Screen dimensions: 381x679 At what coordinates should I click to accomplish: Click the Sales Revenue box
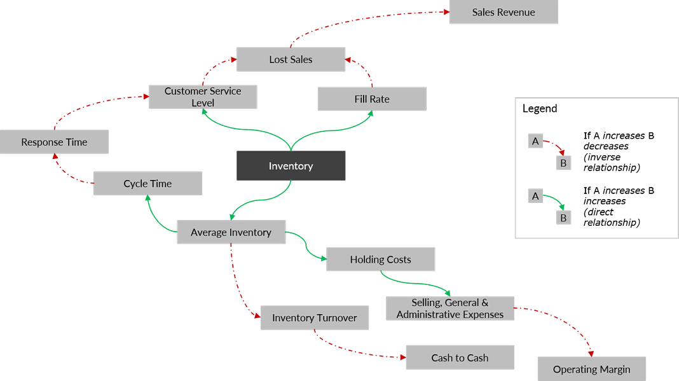click(504, 13)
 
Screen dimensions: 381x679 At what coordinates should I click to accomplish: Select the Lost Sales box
click(291, 60)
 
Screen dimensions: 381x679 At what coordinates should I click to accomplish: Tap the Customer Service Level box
click(203, 97)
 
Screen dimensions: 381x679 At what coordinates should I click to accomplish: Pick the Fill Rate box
click(372, 99)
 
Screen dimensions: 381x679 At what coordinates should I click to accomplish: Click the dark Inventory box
click(291, 166)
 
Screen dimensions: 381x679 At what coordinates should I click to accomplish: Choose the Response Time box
click(55, 142)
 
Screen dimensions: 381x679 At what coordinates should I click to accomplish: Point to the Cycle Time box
click(147, 184)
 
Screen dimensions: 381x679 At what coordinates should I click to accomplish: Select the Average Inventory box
click(231, 233)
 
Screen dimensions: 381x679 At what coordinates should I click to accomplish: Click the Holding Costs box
click(380, 260)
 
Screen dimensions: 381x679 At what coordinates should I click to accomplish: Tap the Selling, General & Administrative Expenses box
click(450, 308)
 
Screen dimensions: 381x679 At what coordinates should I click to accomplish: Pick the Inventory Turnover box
click(314, 318)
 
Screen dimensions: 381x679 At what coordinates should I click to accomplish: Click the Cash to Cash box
click(460, 357)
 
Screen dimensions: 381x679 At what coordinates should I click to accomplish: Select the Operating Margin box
click(591, 369)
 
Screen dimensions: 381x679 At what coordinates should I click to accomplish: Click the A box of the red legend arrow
click(535, 141)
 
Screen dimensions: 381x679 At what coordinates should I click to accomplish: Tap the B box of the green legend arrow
click(563, 218)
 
